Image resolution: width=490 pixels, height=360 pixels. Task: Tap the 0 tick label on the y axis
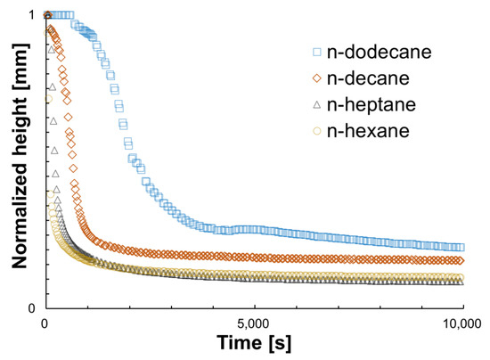[x=32, y=308]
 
